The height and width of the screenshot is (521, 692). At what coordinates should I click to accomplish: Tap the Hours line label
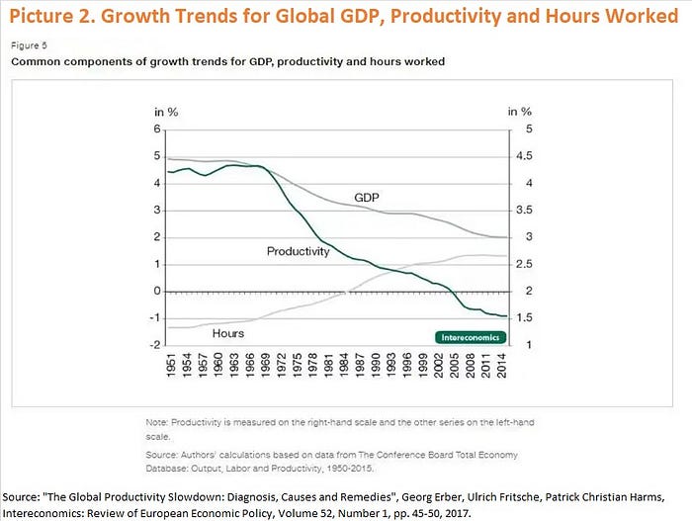coord(228,333)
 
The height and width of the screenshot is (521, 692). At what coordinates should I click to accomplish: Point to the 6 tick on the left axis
coord(156,130)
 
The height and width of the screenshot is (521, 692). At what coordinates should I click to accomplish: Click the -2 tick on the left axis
coord(154,345)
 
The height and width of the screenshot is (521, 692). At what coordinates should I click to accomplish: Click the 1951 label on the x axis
coord(173,366)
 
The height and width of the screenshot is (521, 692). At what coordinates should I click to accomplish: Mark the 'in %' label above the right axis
coord(520,112)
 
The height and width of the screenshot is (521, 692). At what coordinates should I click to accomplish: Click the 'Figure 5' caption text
coord(29,44)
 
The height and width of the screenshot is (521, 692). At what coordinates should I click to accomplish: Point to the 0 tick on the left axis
coord(156,291)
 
